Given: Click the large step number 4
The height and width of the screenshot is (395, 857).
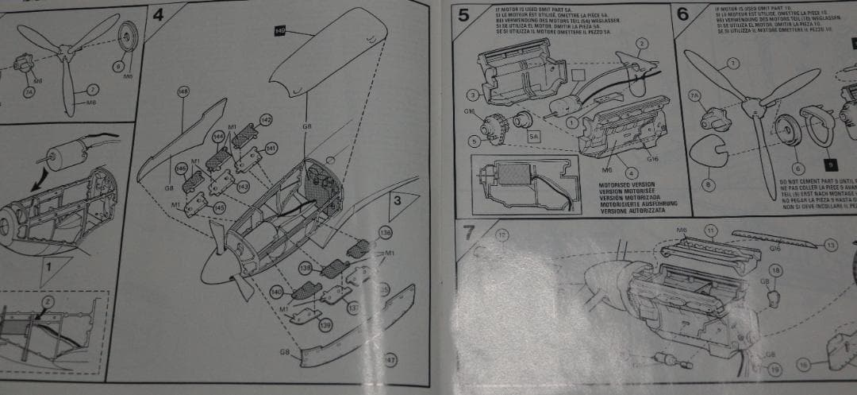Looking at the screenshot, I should click(159, 15).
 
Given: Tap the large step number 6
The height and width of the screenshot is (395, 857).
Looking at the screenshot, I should click(683, 15).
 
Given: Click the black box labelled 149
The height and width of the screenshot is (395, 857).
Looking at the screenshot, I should click(280, 31).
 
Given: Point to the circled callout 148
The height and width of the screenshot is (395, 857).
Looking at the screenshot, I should click(183, 92).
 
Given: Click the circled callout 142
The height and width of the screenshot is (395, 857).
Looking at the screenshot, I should click(267, 120).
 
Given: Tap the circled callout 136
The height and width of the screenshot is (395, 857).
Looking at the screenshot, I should click(386, 233).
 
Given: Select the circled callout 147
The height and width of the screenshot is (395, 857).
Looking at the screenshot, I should click(390, 360).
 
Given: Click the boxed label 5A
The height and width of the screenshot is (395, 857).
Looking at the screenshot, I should click(534, 136).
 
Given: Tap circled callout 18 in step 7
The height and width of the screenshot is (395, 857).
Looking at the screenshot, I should click(775, 271).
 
